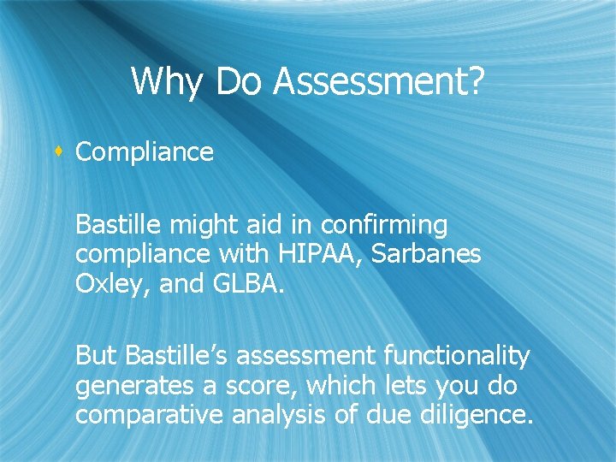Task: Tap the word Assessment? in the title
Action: (x=379, y=82)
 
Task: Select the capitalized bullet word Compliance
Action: (x=145, y=152)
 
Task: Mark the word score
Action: (x=252, y=386)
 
